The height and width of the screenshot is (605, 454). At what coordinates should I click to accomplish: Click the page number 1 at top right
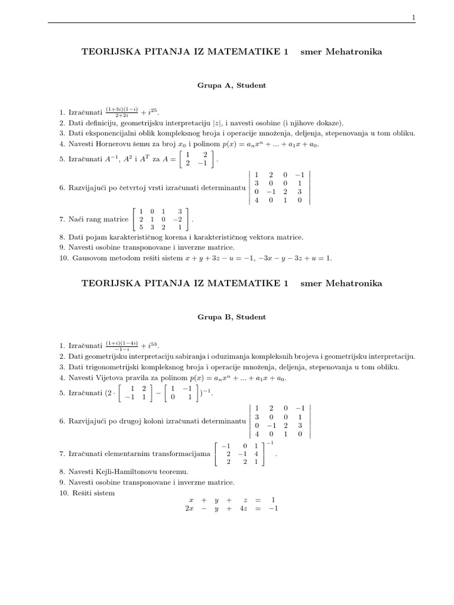click(414, 18)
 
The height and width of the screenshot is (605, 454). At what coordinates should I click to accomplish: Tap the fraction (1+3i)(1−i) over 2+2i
click(122, 111)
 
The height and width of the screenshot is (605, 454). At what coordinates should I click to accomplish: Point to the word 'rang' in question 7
click(92, 219)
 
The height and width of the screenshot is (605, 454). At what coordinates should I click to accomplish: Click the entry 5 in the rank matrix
click(141, 226)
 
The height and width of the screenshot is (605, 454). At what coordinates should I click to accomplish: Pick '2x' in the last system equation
click(189, 508)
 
